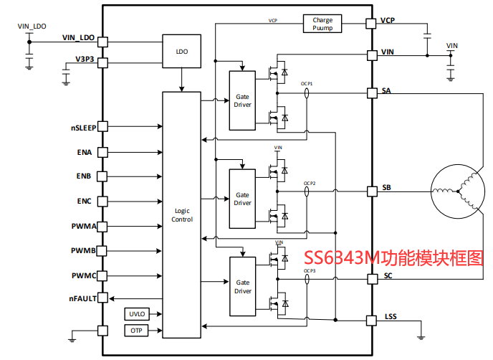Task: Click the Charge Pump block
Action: click(x=322, y=24)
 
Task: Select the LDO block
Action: click(x=181, y=51)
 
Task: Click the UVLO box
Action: click(x=135, y=314)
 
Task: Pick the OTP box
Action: click(x=135, y=331)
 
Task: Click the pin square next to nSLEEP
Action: click(x=102, y=126)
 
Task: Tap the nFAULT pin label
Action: click(x=82, y=298)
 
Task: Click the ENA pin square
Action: click(x=102, y=152)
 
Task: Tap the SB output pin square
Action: click(x=371, y=191)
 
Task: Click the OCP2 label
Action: click(x=310, y=184)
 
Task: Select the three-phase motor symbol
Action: click(x=454, y=191)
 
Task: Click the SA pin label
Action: click(x=387, y=90)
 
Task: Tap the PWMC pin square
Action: click(x=102, y=275)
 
